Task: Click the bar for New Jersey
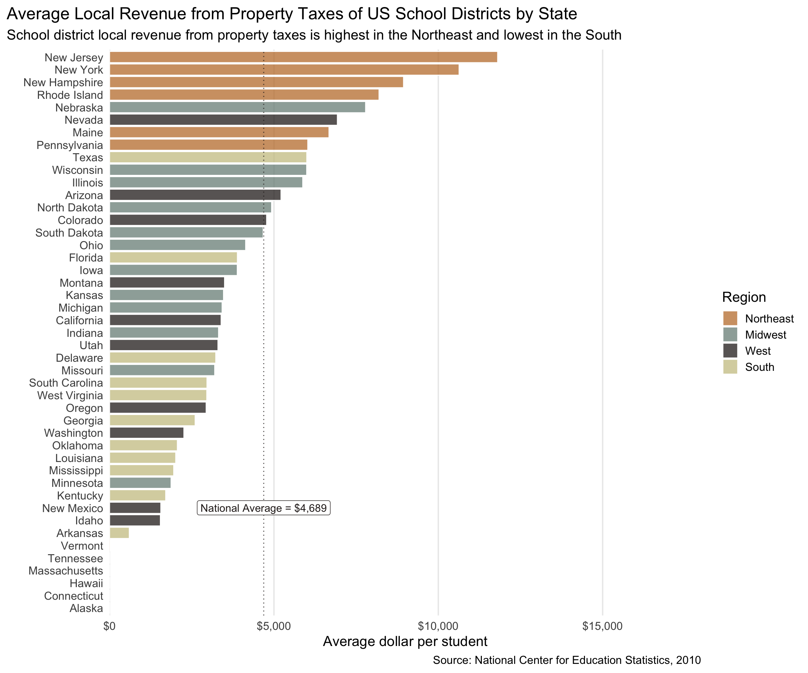pyautogui.click(x=303, y=57)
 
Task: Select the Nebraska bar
pyautogui.click(x=237, y=107)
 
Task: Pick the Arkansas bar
pyautogui.click(x=119, y=533)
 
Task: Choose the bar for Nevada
pyautogui.click(x=223, y=120)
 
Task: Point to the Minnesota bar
pyautogui.click(x=140, y=483)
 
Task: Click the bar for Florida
pyautogui.click(x=173, y=258)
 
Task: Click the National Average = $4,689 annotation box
pyautogui.click(x=264, y=508)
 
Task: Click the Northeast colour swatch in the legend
pyautogui.click(x=730, y=318)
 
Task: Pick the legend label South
pyautogui.click(x=760, y=367)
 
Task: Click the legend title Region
pyautogui.click(x=744, y=297)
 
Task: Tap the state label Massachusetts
pyautogui.click(x=66, y=571)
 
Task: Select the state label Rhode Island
pyautogui.click(x=70, y=95)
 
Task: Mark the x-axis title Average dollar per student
pyautogui.click(x=405, y=641)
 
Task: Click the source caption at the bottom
pyautogui.click(x=567, y=660)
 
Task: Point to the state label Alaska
pyautogui.click(x=86, y=609)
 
